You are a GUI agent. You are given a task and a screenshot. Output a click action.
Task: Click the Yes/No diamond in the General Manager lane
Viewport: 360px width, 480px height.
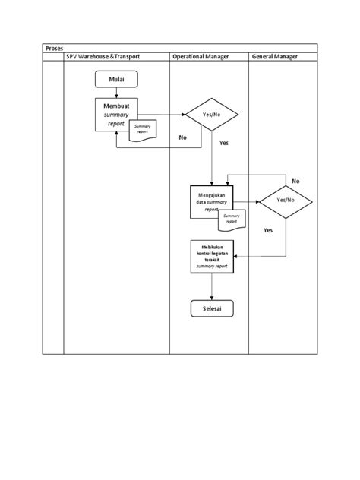pyautogui.click(x=285, y=200)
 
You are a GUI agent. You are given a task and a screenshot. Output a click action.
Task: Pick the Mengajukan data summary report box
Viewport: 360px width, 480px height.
pyautogui.click(x=212, y=201)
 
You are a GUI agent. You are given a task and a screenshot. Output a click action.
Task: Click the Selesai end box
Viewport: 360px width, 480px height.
pyautogui.click(x=212, y=308)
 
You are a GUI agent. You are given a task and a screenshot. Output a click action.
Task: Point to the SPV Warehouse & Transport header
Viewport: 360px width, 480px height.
pyautogui.click(x=115, y=57)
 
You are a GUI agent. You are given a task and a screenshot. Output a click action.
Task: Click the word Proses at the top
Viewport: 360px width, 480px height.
pyautogui.click(x=53, y=47)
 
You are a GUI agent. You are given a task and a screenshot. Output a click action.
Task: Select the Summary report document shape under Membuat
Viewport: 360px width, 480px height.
pyautogui.click(x=143, y=129)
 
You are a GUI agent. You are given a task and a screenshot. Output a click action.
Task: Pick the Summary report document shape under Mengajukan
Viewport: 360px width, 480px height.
pyautogui.click(x=232, y=218)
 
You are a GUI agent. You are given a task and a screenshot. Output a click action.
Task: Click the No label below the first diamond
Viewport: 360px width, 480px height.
pyautogui.click(x=182, y=137)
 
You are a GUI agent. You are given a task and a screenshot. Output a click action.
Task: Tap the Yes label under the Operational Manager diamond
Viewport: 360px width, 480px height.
pyautogui.click(x=223, y=143)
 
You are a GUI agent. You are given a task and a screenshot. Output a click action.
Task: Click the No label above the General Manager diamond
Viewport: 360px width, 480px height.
pyautogui.click(x=295, y=182)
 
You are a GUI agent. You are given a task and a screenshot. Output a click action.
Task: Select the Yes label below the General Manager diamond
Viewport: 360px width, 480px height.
pyautogui.click(x=268, y=230)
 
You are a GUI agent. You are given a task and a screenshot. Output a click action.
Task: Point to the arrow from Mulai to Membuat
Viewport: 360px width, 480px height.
pyautogui.click(x=115, y=91)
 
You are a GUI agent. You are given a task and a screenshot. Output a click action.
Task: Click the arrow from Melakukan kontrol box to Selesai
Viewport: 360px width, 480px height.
pyautogui.click(x=212, y=286)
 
